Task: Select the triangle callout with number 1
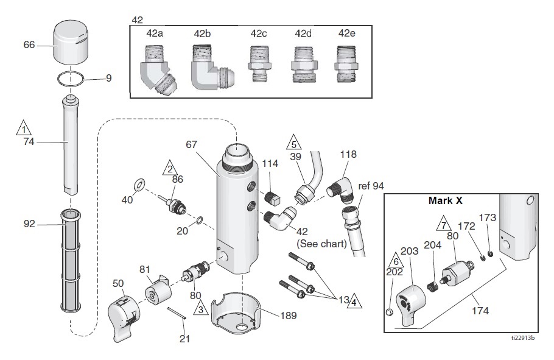[x=24, y=129]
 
